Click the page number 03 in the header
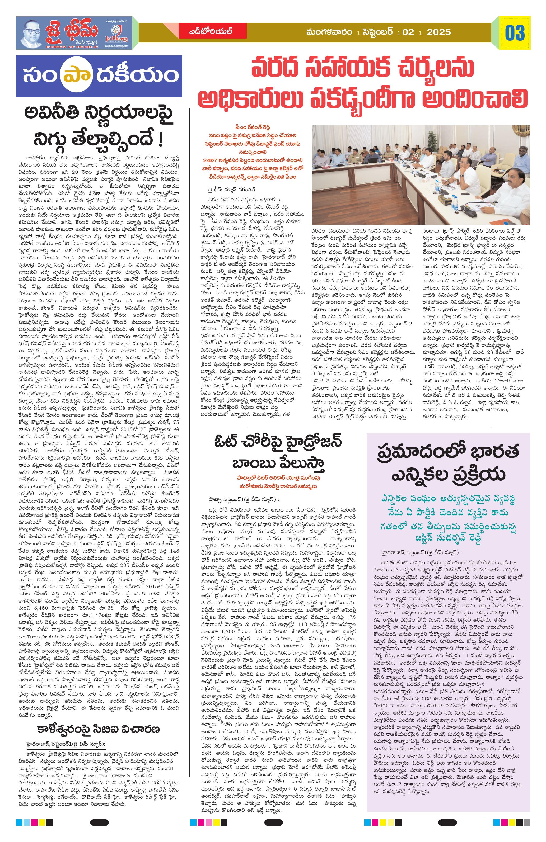(x=515, y=33)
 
